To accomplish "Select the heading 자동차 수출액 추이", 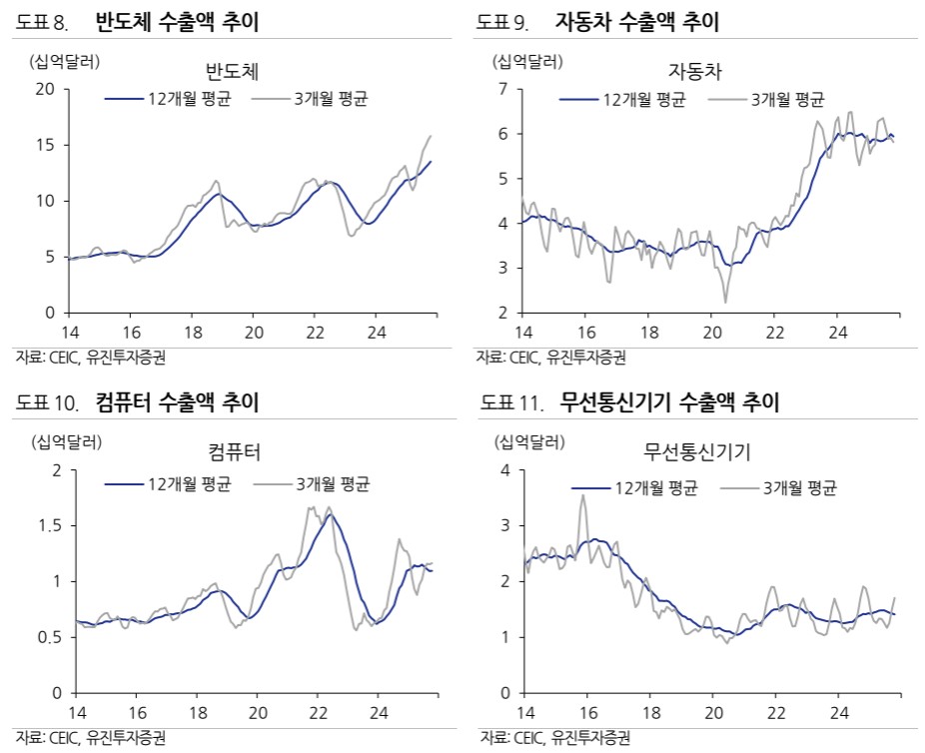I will [636, 21].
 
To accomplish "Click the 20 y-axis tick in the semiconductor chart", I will [44, 89].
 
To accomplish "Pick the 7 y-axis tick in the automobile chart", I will [503, 90].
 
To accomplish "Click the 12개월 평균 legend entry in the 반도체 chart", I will [168, 99].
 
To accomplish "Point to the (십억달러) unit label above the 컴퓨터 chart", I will [67, 440].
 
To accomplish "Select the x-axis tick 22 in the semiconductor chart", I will [315, 333].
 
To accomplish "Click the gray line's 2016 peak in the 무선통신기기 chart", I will [583, 495].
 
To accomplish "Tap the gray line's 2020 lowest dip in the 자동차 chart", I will [725, 302].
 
